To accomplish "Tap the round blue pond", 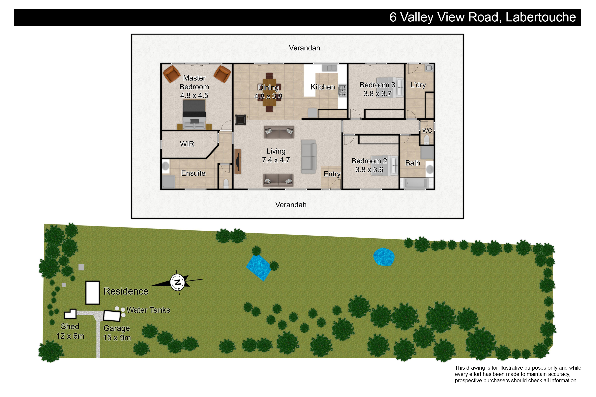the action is point(384,257).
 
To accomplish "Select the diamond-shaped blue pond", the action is point(258,268).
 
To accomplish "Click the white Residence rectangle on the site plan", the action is point(92,292).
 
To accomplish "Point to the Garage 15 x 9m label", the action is point(117,333).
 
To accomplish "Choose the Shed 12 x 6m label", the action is point(70,331).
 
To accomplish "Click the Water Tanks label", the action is point(148,310).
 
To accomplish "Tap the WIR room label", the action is point(187,144).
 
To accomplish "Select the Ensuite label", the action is point(193,173).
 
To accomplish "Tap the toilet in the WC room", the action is point(427,140).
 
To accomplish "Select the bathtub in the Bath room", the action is point(416,183).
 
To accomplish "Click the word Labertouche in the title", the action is point(541,17).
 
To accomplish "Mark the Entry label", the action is point(332,174).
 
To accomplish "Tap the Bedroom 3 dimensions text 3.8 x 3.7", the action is point(378,94).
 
